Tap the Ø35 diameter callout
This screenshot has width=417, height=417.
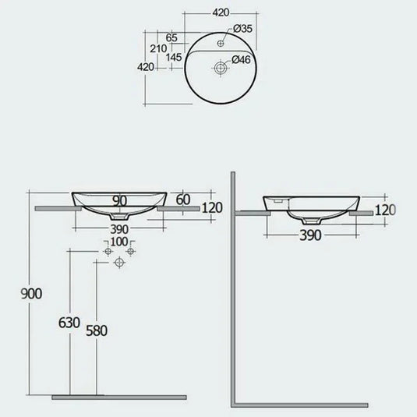click(x=243, y=29)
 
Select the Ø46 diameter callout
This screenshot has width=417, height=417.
click(x=243, y=59)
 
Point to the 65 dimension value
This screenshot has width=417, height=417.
click(x=171, y=37)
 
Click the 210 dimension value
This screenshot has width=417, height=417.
click(x=157, y=48)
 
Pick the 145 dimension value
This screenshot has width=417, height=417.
click(x=174, y=58)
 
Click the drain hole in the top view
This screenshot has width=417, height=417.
click(x=221, y=68)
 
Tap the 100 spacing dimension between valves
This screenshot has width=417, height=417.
click(x=118, y=242)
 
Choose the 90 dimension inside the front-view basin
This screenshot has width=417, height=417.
click(x=119, y=201)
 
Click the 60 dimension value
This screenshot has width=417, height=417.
click(x=183, y=200)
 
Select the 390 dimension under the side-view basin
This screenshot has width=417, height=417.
click(x=309, y=236)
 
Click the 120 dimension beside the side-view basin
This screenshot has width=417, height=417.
click(x=386, y=210)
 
